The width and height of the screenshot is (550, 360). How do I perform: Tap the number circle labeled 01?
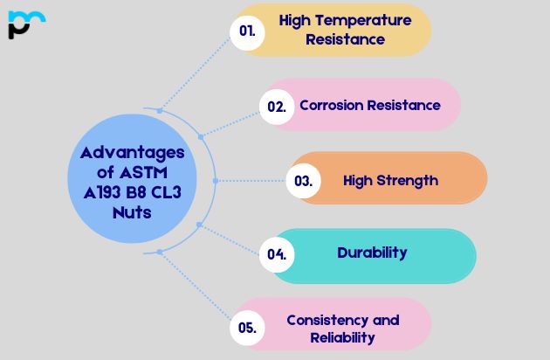247,31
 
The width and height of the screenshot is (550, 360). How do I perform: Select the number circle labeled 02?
277,106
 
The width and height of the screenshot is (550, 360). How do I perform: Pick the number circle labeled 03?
303,181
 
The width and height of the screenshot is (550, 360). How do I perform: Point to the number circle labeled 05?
247,328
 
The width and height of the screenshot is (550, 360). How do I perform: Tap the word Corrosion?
333,105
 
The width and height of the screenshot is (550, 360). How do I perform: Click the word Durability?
372,253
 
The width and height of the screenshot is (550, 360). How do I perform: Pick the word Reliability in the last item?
342,336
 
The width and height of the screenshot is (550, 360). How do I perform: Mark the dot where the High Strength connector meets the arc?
213,181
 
